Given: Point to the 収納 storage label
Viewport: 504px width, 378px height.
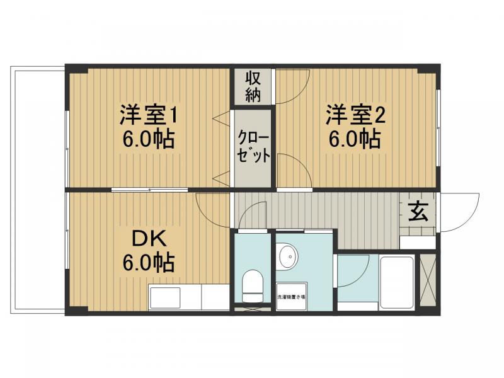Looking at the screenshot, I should [x=253, y=87].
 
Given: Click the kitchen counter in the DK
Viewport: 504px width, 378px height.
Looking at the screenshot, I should [x=188, y=297].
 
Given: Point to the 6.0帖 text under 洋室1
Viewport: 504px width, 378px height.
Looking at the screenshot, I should [x=149, y=139].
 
